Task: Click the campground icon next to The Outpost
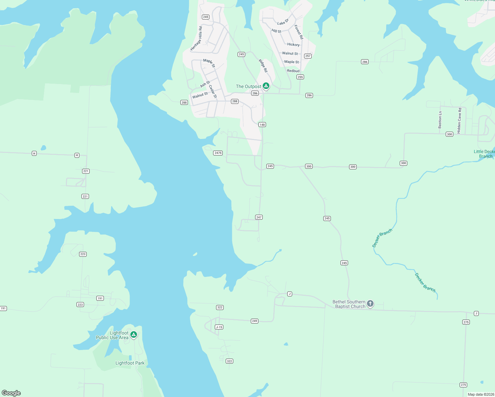tap(266, 86)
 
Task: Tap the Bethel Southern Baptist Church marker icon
tap(370, 304)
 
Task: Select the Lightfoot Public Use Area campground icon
tap(134, 335)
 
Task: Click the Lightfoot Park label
tap(130, 363)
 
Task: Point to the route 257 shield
tap(308, 56)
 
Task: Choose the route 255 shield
tap(300, 77)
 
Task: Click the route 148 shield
tap(262, 125)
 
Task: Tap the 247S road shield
tap(218, 153)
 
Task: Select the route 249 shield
tap(254, 321)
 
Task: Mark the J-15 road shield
tap(219, 327)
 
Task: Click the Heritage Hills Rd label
tap(196, 39)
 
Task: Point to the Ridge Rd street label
tap(263, 66)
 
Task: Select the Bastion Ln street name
tap(440, 120)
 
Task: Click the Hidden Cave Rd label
tap(459, 121)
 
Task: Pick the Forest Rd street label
tap(298, 32)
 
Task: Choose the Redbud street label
tap(293, 71)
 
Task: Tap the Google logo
tap(11, 393)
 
